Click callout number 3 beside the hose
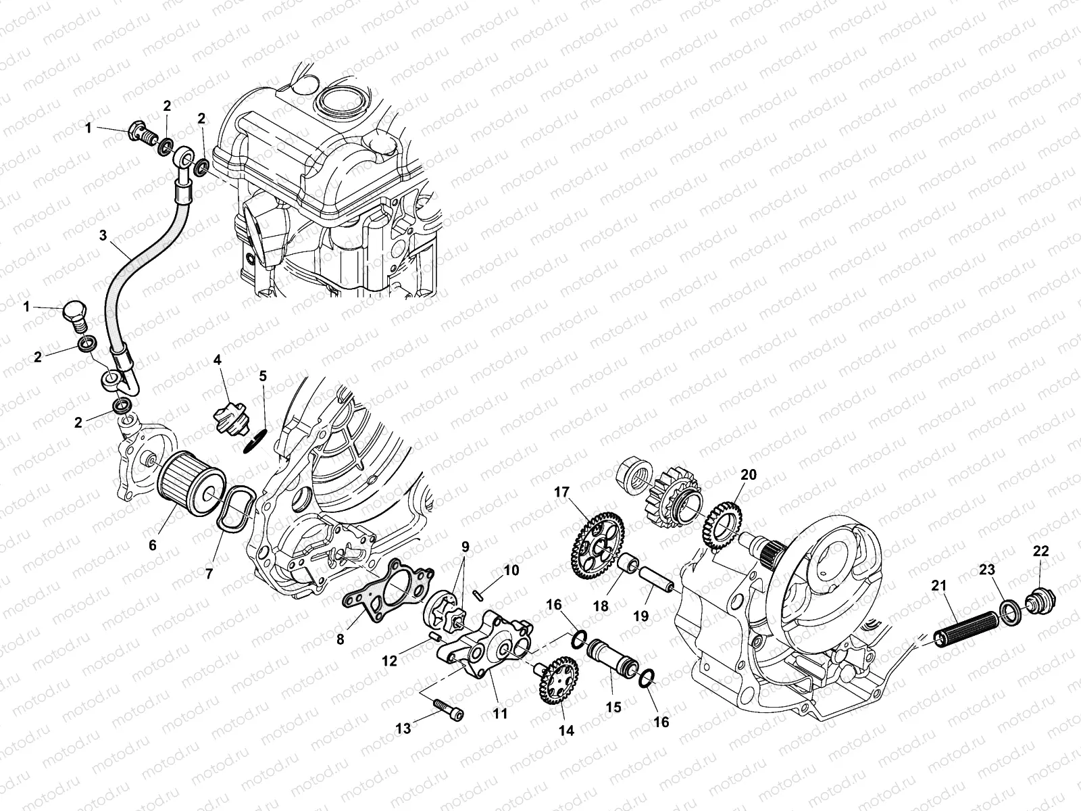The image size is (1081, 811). [103, 236]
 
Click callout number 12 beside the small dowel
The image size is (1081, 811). [389, 661]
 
